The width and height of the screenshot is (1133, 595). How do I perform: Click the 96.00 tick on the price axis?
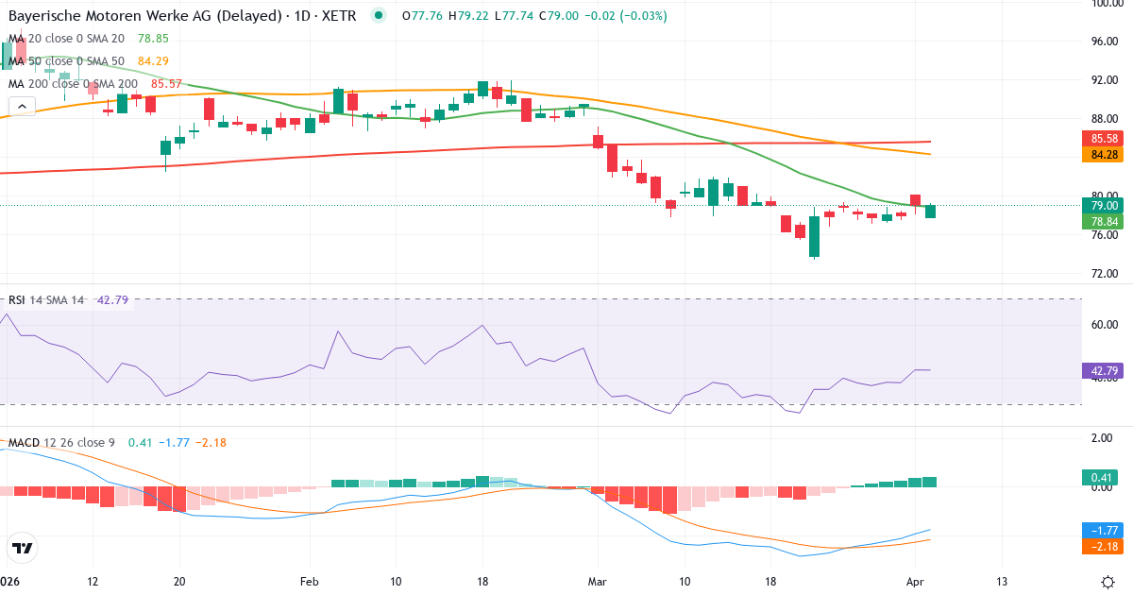click(x=1105, y=42)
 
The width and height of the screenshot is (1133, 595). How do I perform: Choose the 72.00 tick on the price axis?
click(x=1105, y=274)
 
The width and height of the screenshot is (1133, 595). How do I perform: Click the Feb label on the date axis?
click(x=310, y=581)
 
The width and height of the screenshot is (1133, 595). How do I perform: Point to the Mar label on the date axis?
click(x=598, y=581)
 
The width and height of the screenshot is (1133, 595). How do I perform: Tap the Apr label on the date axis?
click(x=914, y=581)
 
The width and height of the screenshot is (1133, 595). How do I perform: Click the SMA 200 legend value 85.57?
click(x=160, y=84)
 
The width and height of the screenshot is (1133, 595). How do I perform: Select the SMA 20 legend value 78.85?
click(x=152, y=38)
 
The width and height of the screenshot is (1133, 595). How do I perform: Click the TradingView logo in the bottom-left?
click(x=22, y=547)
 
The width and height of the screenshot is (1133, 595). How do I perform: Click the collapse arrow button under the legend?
click(x=22, y=107)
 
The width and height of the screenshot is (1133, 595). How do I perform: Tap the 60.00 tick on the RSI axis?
click(x=1105, y=325)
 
